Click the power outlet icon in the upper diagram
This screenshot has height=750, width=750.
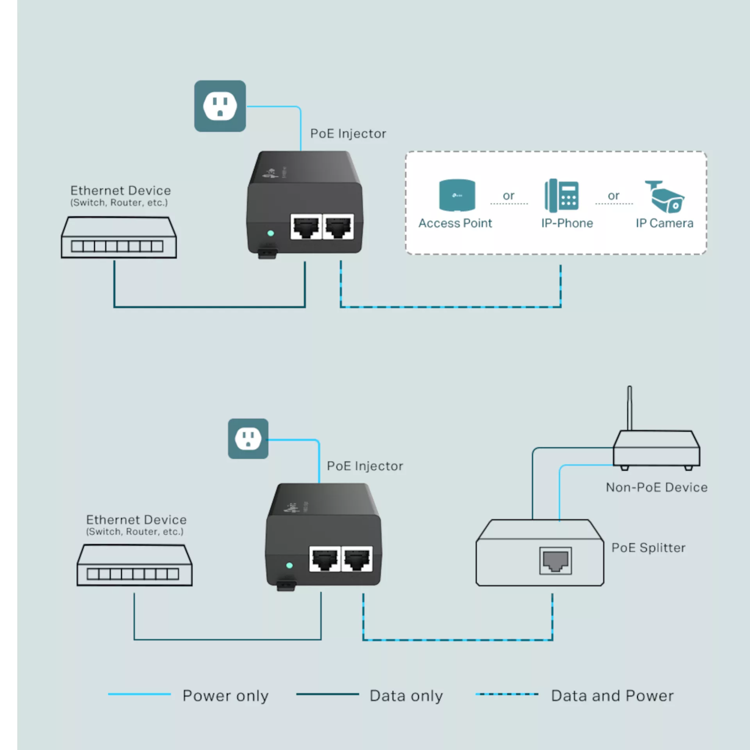click(220, 106)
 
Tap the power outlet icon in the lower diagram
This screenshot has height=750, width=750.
click(248, 439)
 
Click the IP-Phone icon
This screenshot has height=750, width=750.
click(562, 196)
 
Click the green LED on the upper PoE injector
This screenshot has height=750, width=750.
click(271, 233)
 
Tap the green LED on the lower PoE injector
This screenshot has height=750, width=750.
click(289, 565)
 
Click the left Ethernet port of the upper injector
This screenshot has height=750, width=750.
click(306, 227)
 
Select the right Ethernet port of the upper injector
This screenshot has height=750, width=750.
click(338, 227)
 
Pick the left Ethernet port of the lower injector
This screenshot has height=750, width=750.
click(325, 559)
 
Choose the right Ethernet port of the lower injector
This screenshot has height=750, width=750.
click(357, 559)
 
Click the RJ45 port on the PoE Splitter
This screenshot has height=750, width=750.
click(555, 561)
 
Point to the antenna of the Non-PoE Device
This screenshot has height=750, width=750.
click(630, 408)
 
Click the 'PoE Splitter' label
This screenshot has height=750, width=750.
click(648, 548)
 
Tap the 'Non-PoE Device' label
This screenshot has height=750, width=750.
click(657, 487)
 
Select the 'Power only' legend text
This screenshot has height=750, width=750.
click(225, 696)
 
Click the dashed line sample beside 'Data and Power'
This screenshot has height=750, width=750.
click(507, 694)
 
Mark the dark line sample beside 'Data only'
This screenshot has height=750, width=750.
click(327, 694)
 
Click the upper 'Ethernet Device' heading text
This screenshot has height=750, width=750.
click(121, 191)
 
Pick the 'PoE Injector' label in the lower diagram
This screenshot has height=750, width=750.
click(365, 466)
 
